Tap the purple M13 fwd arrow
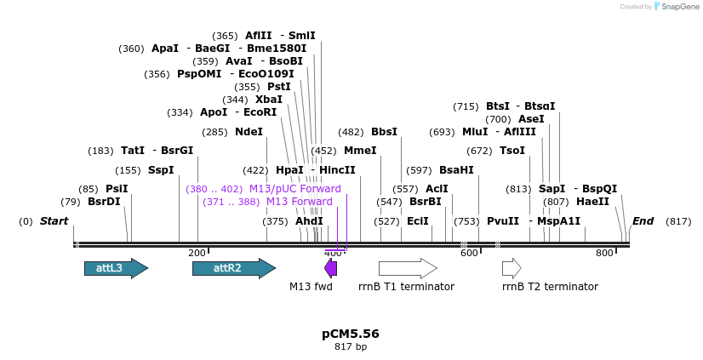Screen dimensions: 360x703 (330, 268)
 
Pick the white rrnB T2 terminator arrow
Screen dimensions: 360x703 (512, 268)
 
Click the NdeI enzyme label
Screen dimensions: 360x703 (249, 132)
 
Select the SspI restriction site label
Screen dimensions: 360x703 (161, 170)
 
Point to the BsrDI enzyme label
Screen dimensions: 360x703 (104, 202)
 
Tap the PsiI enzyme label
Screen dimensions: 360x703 (117, 189)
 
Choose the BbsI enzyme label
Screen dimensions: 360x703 (384, 132)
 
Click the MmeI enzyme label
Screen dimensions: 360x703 (360, 151)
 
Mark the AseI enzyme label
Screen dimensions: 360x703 (531, 119)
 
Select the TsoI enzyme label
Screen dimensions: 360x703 (512, 151)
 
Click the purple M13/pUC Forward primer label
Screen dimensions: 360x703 (294, 189)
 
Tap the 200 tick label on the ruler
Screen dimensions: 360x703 (197, 253)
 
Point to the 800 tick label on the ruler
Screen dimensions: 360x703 (604, 253)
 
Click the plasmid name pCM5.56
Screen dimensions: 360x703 (351, 334)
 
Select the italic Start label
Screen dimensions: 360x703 (54, 221)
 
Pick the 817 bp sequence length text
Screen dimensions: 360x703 (351, 346)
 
